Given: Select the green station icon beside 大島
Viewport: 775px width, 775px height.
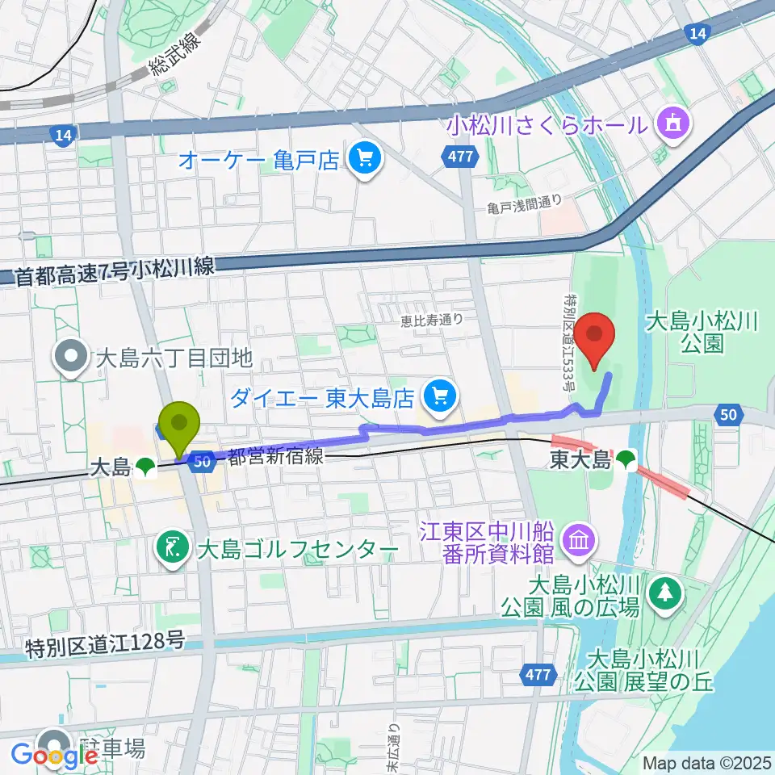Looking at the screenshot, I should [145, 466].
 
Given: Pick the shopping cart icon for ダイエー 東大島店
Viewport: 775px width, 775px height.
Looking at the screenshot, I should [441, 396].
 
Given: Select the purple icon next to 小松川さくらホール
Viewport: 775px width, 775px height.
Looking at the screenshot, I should [672, 124].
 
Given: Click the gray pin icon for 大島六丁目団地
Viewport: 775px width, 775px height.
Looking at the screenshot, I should [72, 356].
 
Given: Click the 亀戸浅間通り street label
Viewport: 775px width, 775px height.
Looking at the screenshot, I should [524, 206].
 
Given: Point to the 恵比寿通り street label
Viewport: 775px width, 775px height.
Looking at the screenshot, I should [433, 320].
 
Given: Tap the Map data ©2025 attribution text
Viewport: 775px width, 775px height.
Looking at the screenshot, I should [707, 762].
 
